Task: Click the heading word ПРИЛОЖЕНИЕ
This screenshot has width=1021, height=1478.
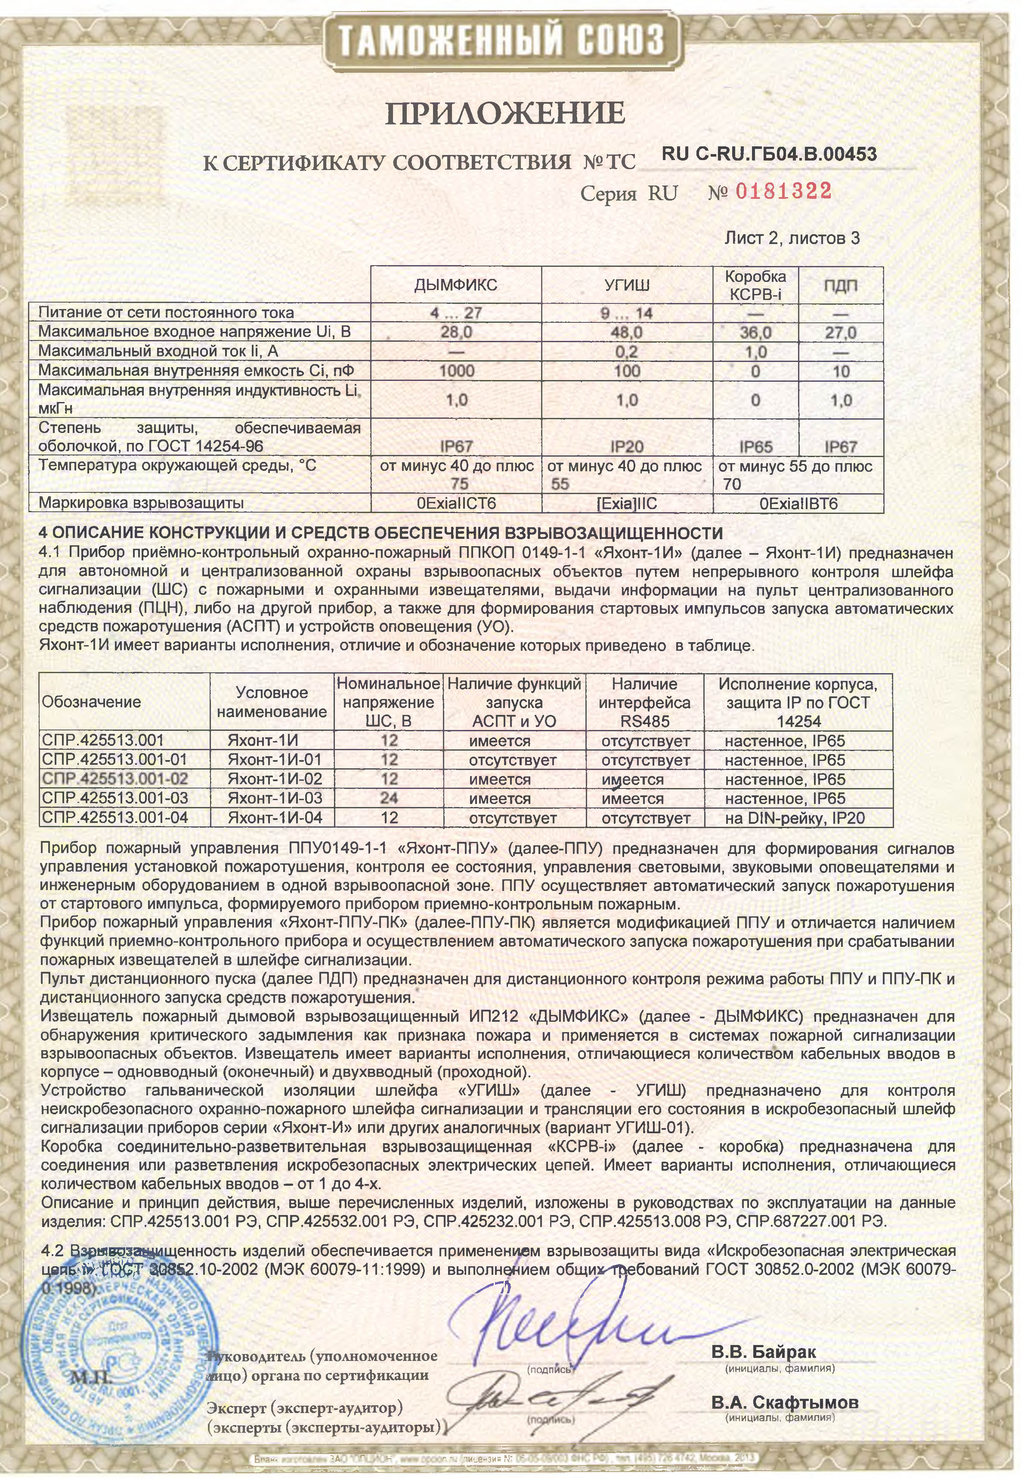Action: pyautogui.click(x=505, y=114)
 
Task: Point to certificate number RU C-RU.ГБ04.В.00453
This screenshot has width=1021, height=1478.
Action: pyautogui.click(x=768, y=154)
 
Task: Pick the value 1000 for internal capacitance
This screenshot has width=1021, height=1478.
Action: pyautogui.click(x=456, y=371)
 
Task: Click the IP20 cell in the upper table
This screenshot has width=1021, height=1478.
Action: pyautogui.click(x=626, y=446)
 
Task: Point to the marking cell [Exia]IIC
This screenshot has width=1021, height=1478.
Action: pyautogui.click(x=626, y=503)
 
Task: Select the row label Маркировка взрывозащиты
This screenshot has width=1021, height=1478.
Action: pyautogui.click(x=141, y=503)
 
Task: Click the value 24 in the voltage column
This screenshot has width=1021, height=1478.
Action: pyautogui.click(x=389, y=798)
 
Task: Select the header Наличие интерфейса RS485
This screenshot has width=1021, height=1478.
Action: pyautogui.click(x=644, y=702)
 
